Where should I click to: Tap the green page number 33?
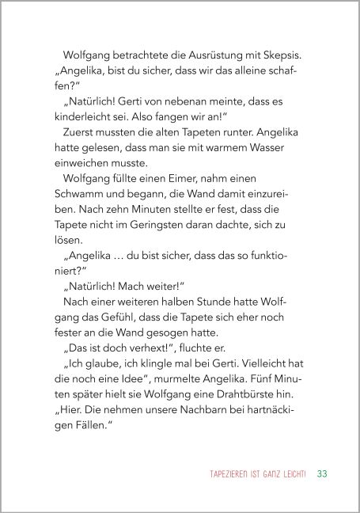(x=299, y=475)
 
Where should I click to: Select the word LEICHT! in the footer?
(x=271, y=475)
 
